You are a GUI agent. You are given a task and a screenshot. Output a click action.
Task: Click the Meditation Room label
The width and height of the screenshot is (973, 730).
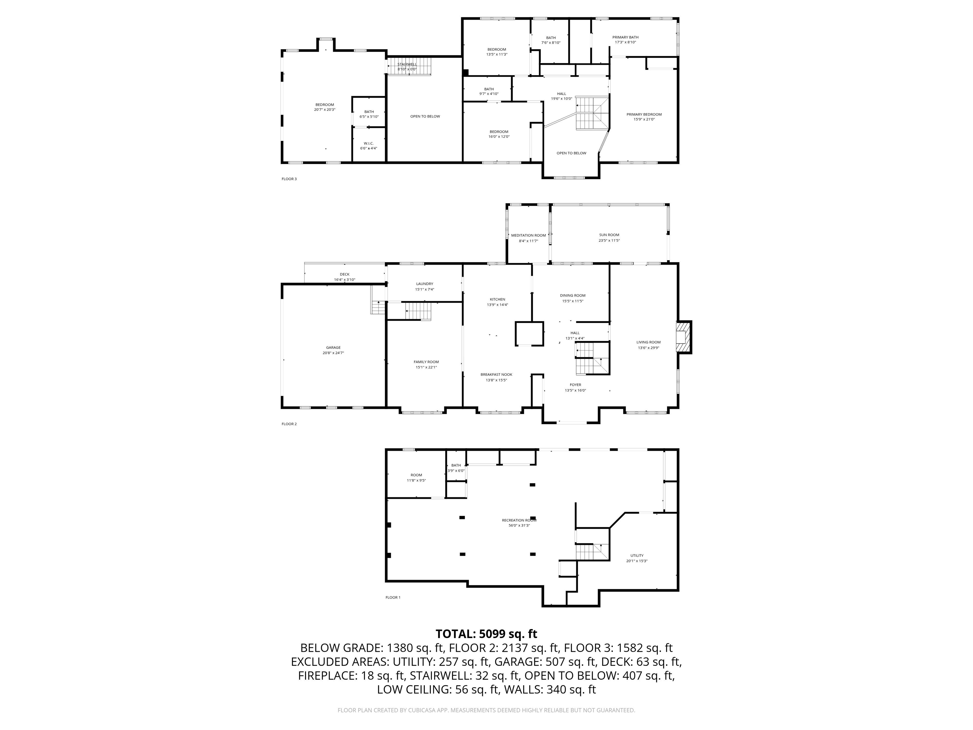(x=528, y=235)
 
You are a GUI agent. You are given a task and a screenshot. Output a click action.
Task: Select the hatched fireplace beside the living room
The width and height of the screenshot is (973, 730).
(x=683, y=337)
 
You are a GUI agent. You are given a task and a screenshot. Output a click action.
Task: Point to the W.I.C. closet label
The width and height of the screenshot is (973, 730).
(x=369, y=144)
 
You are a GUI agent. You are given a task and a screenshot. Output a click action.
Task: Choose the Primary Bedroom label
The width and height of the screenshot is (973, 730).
(x=644, y=114)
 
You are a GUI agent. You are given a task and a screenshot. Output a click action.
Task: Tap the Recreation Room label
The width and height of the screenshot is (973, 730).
(x=519, y=520)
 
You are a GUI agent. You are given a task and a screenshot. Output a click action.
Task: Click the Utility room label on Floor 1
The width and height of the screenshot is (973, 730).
(x=637, y=555)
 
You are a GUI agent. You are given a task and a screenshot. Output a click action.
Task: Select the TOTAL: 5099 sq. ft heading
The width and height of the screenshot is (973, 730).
(x=486, y=634)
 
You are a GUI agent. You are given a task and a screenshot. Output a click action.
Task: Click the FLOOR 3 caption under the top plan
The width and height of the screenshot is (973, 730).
(x=289, y=179)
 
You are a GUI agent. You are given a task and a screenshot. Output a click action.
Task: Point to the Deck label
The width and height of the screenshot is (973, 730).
(x=344, y=274)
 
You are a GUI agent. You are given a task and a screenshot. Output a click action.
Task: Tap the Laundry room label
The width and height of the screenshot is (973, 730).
(x=424, y=284)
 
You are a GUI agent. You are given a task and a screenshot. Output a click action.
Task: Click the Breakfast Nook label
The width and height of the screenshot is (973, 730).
(x=496, y=375)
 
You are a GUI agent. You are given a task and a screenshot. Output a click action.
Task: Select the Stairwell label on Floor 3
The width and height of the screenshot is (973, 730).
(x=407, y=64)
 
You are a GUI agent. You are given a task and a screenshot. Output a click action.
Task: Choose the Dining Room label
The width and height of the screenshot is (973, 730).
(x=573, y=296)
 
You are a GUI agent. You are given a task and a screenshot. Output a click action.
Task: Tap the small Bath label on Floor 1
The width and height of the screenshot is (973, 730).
(x=456, y=465)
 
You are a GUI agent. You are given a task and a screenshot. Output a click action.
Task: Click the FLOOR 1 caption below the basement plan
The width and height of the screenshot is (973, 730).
(x=393, y=597)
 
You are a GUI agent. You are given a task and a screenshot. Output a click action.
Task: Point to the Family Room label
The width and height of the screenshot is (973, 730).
(x=426, y=362)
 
